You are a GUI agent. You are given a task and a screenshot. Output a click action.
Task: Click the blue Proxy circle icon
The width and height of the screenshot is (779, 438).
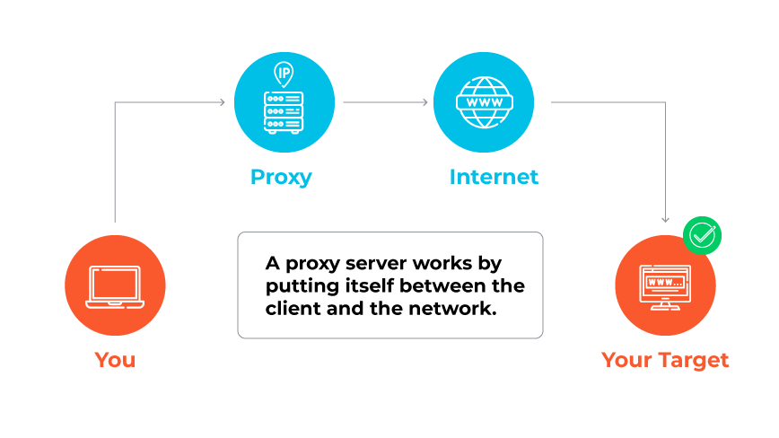point(284,101)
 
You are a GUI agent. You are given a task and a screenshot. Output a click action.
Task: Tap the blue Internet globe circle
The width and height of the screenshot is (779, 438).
point(483,101)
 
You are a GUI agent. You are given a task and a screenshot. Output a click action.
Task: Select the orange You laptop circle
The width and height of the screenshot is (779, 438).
point(115,286)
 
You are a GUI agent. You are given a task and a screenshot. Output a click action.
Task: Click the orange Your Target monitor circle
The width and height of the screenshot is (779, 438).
point(665,286)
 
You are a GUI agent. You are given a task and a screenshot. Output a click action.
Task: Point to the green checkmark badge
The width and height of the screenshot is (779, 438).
point(702,236)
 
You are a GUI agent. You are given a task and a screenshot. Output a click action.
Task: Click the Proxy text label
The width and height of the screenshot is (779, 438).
point(281,177)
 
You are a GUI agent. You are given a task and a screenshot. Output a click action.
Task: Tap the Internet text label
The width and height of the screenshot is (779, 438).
point(494,177)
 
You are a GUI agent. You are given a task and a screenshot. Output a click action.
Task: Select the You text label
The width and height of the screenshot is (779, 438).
point(115,361)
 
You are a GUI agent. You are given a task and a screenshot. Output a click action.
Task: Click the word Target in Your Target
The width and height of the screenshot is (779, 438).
point(693,361)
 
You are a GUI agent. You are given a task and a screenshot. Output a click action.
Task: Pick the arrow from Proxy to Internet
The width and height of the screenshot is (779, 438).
point(386,102)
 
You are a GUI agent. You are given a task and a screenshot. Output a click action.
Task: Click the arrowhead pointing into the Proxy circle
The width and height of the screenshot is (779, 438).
point(221,102)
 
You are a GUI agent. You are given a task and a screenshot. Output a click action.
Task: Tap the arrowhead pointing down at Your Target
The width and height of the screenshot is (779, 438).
point(665,219)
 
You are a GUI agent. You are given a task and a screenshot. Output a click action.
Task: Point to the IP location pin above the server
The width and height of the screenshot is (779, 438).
point(284,73)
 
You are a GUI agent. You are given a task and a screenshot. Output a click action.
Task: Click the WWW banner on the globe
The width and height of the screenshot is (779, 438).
point(483,101)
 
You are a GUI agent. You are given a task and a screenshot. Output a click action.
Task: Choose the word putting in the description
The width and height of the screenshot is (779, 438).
point(300,286)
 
